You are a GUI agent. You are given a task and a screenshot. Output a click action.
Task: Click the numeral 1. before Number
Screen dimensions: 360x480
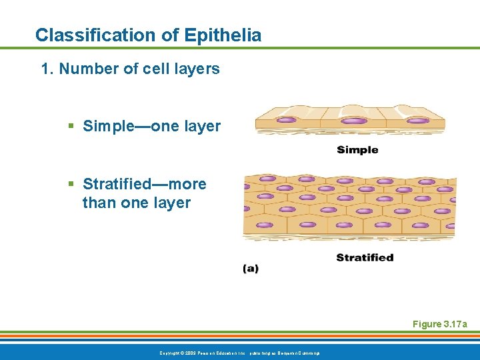pos(47,69)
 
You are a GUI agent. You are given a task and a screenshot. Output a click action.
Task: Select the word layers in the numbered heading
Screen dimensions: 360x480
pos(197,69)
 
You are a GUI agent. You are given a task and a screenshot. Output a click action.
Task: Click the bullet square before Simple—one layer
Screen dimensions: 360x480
pos(71,127)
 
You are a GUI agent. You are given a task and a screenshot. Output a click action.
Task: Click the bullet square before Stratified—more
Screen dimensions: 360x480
pos(71,185)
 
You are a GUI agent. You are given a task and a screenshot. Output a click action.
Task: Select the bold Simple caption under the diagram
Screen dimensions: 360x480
pos(357,150)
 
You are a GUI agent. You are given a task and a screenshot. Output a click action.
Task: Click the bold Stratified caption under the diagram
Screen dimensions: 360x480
pos(365,257)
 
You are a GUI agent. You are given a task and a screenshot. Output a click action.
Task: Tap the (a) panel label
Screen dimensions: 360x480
pos(251,269)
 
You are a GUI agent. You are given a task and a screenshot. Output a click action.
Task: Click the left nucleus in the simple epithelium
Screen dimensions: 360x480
pos(286,121)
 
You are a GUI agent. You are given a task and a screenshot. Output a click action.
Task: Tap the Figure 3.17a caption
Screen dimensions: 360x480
pos(440,324)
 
